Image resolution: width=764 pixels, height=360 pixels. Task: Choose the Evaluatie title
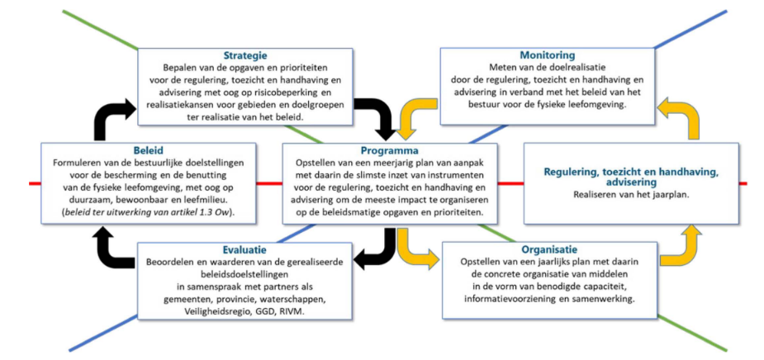point(244,248)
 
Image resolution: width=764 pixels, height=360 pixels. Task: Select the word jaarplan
point(664,195)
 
